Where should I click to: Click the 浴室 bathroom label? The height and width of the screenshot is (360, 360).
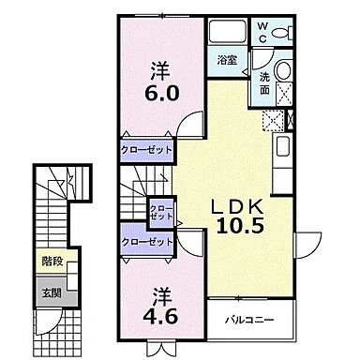[x=227, y=61]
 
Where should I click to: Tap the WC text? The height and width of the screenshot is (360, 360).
[x=262, y=31]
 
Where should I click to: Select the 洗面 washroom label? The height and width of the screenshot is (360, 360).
[x=263, y=86]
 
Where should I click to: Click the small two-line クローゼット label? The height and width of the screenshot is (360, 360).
[x=162, y=213]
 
